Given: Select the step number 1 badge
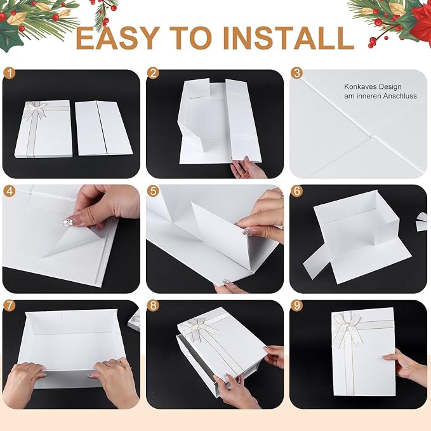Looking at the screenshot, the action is click(10, 74).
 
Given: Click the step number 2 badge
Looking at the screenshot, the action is click(153, 74).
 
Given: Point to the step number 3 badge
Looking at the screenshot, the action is click(296, 74).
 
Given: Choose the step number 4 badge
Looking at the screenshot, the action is click(10, 191).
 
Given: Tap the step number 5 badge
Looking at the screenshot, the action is click(153, 191).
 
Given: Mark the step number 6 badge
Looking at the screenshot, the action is click(296, 191).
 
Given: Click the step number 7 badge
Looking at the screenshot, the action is click(10, 306).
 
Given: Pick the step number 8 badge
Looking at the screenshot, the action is click(153, 306).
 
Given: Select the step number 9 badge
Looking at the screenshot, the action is click(296, 306).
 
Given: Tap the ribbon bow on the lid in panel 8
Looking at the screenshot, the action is click(199, 328).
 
